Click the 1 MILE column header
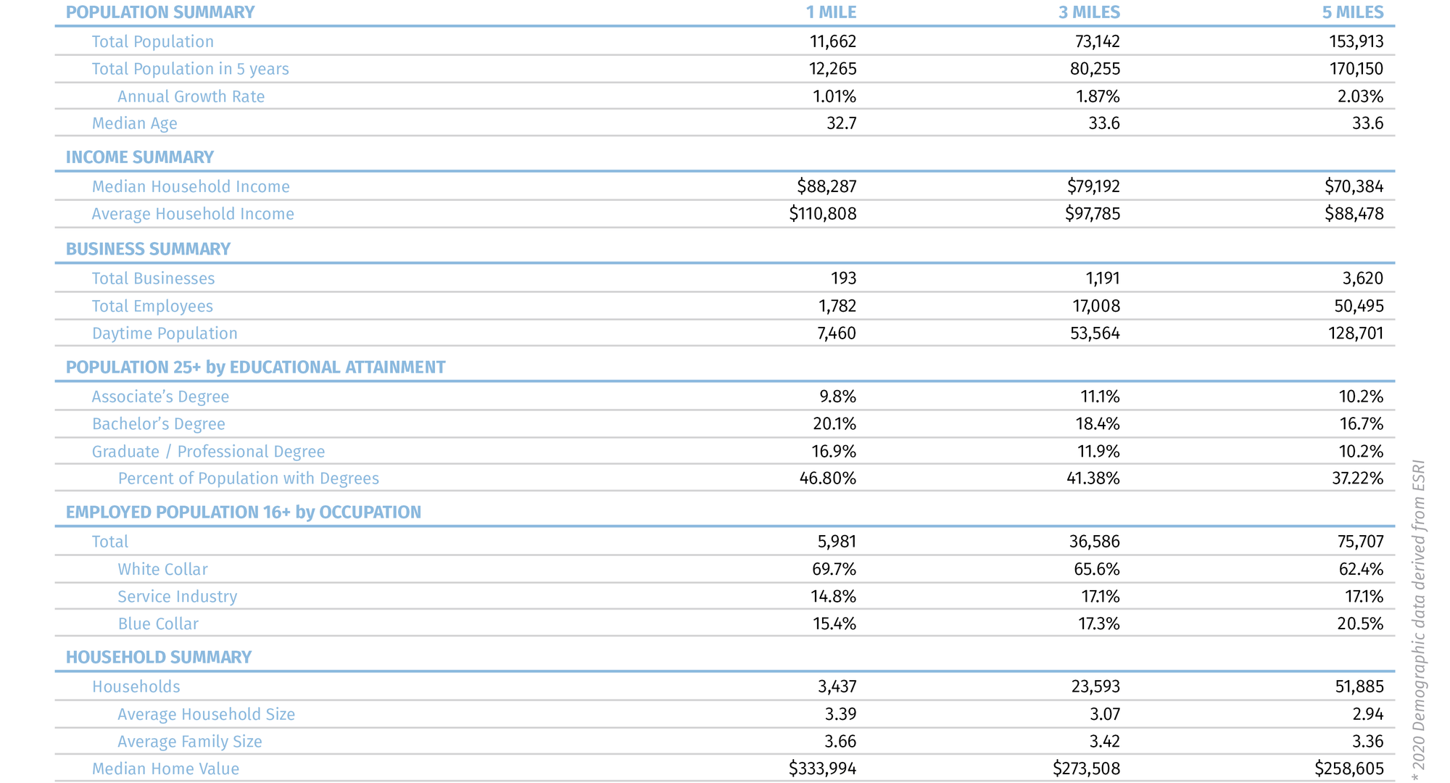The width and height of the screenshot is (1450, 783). (x=831, y=12)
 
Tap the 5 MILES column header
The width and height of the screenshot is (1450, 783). (x=1353, y=12)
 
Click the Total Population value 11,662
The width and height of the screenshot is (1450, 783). (x=833, y=41)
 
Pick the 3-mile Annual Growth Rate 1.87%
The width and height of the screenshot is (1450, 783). (x=1098, y=96)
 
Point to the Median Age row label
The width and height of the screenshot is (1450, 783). (x=134, y=123)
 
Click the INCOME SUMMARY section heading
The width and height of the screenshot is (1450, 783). (x=140, y=157)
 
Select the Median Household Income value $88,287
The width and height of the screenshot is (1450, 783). (x=826, y=186)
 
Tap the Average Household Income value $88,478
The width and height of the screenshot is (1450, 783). (x=1354, y=214)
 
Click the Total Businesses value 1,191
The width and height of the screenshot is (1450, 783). (x=1103, y=278)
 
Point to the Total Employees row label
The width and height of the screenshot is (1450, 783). (x=152, y=306)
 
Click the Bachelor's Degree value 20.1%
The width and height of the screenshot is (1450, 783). (x=834, y=424)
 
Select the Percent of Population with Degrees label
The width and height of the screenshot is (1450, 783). (x=248, y=478)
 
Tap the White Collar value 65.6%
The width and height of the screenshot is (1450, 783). (x=1096, y=569)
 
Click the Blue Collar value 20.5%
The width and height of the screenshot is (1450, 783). (x=1360, y=623)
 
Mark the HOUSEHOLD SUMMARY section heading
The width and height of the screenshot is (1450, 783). (x=159, y=657)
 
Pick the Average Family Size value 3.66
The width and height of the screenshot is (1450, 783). (x=840, y=742)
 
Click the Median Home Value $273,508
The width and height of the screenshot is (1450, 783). (x=1086, y=768)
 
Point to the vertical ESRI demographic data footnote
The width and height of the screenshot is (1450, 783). (x=1419, y=620)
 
